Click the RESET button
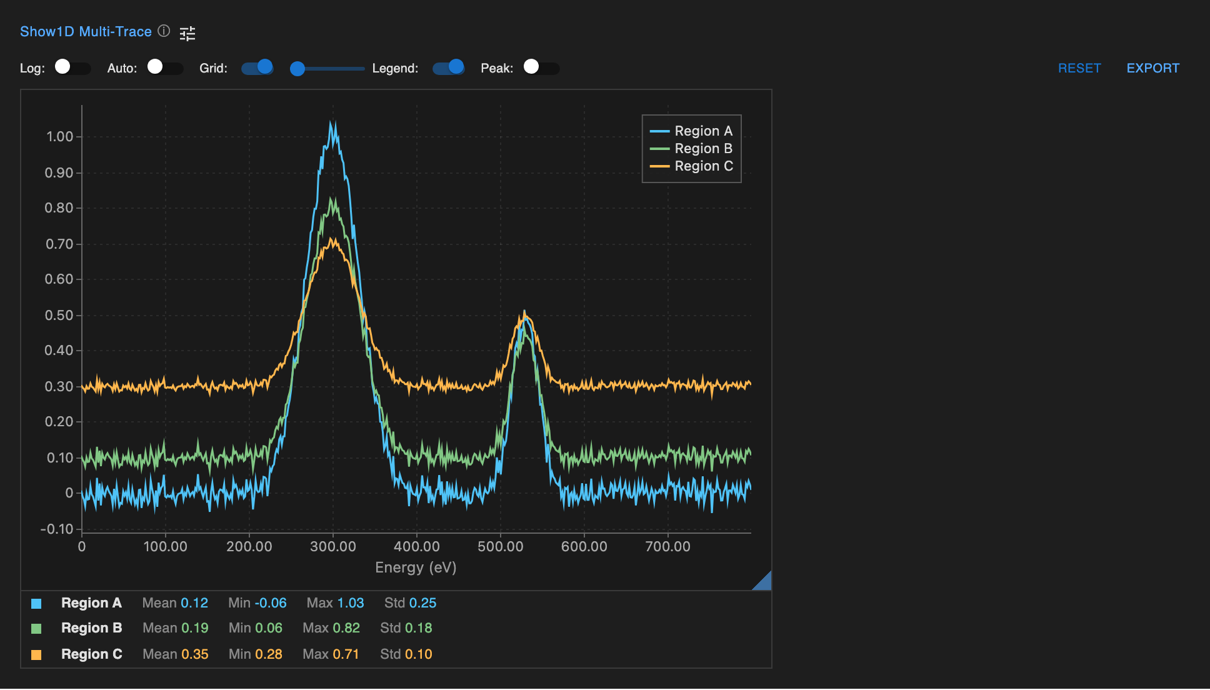(1079, 68)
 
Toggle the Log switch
(72, 67)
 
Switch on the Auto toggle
(164, 67)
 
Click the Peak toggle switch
(541, 67)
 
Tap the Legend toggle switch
(448, 67)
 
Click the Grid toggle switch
(257, 67)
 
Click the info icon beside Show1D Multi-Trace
(164, 31)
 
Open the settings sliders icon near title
(187, 33)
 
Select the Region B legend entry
(691, 149)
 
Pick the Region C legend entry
(691, 166)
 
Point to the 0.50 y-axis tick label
(59, 315)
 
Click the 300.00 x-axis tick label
(333, 547)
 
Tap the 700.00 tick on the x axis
(667, 547)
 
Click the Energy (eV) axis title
(416, 567)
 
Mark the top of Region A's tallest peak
(333, 122)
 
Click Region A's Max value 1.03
(350, 603)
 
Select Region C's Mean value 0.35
(194, 654)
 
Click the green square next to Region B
(36, 629)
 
